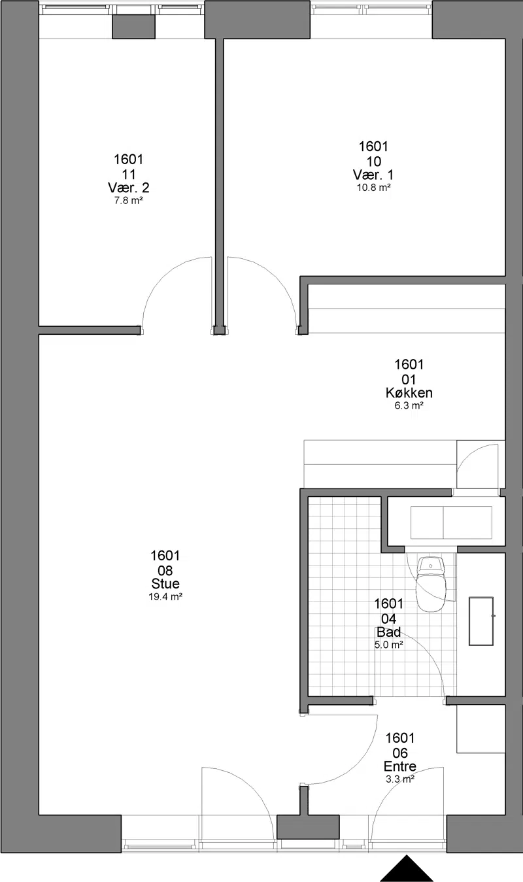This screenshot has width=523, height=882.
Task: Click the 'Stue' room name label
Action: click(x=165, y=584)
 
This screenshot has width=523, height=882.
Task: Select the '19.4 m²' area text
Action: click(x=165, y=596)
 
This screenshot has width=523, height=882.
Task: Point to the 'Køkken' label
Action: click(x=409, y=392)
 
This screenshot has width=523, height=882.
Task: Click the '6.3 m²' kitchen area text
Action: click(x=409, y=405)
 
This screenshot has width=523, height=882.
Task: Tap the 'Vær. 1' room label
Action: click(x=373, y=175)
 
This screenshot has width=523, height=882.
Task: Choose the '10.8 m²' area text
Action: click(x=373, y=188)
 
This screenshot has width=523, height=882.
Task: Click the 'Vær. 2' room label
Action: click(x=128, y=188)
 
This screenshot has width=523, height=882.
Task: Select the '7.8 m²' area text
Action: click(x=128, y=201)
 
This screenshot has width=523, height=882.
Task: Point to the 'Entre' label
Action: click(x=399, y=766)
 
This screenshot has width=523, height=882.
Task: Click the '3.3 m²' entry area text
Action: click(x=399, y=779)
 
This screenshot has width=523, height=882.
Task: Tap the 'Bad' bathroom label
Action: click(x=389, y=632)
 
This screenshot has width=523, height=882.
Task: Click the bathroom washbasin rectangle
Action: click(x=481, y=621)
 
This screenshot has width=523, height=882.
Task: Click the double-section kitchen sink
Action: click(x=451, y=522)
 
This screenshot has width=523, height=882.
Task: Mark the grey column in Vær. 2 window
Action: click(x=133, y=27)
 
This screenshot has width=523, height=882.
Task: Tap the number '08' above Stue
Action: click(x=165, y=570)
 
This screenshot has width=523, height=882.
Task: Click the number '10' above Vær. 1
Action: click(x=373, y=161)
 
